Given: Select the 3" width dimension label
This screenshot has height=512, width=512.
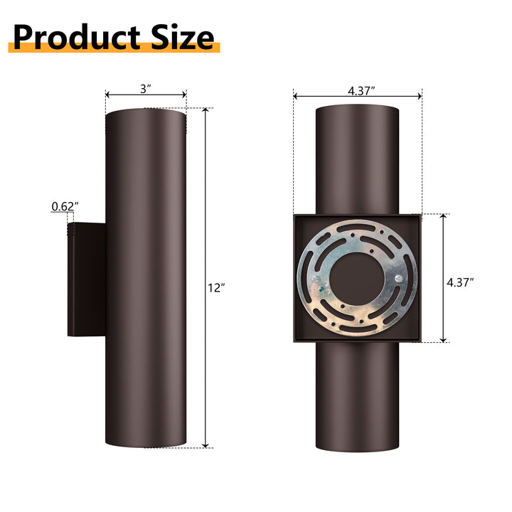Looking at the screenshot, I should (146, 89).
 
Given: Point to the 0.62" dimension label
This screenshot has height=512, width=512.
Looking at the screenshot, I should (65, 207).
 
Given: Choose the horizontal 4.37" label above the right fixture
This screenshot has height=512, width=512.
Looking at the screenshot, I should (361, 90).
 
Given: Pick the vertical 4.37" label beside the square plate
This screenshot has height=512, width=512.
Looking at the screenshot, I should (460, 282).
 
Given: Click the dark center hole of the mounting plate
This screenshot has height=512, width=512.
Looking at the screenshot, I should (358, 277).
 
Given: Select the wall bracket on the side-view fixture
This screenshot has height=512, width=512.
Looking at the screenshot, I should (86, 279).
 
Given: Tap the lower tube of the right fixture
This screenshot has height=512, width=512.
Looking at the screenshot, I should (358, 398).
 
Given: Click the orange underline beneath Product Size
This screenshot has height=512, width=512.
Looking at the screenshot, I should (114, 48).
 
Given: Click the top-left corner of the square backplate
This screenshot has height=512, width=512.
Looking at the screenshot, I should (295, 214).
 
